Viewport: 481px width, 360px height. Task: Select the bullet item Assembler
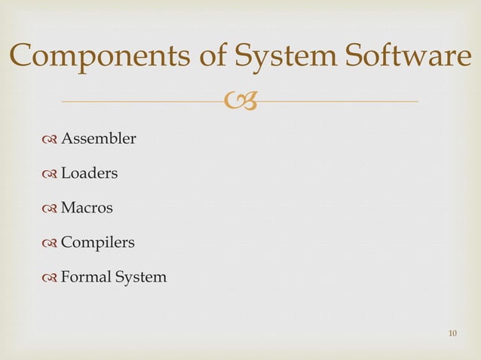point(98,139)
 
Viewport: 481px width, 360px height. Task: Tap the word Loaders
point(89,173)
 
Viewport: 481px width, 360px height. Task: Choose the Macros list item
point(87,208)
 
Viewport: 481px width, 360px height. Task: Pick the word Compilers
point(97,243)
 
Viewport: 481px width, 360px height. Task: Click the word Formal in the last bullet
point(85,277)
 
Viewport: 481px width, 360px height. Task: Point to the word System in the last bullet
point(140,277)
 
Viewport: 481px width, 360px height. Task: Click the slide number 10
point(452,333)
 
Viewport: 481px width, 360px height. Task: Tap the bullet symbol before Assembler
point(51,139)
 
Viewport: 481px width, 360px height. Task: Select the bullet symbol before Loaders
point(51,174)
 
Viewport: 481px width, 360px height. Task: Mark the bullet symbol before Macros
point(51,209)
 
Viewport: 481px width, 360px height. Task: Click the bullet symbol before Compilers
point(51,243)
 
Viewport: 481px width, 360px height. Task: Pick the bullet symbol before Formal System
point(51,278)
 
